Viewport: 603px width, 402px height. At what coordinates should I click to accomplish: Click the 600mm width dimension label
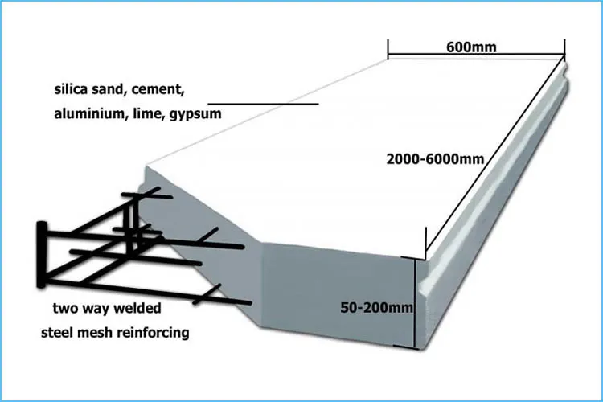tap(470, 47)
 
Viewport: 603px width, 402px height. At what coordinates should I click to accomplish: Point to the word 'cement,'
tap(174, 88)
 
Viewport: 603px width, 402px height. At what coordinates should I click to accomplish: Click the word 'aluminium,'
tap(85, 114)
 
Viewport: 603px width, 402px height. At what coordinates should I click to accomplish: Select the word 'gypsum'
tap(195, 114)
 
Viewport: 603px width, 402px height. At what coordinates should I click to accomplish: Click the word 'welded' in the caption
tap(137, 308)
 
